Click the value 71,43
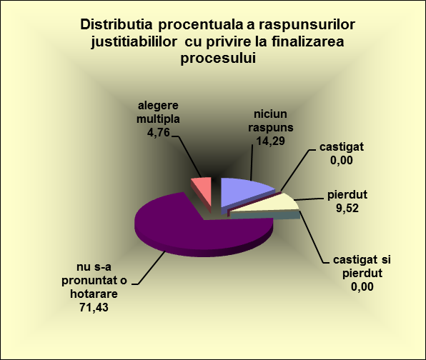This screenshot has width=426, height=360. point(94,307)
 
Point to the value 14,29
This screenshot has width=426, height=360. point(271,141)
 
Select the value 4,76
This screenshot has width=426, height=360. point(159,133)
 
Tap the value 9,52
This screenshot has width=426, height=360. point(347,209)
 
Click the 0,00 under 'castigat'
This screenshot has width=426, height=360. point(342,160)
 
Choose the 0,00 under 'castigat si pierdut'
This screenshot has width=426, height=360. point(362,286)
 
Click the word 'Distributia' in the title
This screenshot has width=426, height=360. point(117,24)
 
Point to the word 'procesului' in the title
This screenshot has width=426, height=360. point(218,58)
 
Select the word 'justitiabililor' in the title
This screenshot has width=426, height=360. point(134,41)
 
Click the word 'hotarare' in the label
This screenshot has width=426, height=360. point(94,294)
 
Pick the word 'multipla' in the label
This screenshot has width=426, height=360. point(158,119)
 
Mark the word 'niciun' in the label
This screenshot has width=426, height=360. point(270,114)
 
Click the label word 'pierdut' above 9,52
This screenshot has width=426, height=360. point(347,195)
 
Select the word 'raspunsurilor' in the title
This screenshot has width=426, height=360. point(307,24)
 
